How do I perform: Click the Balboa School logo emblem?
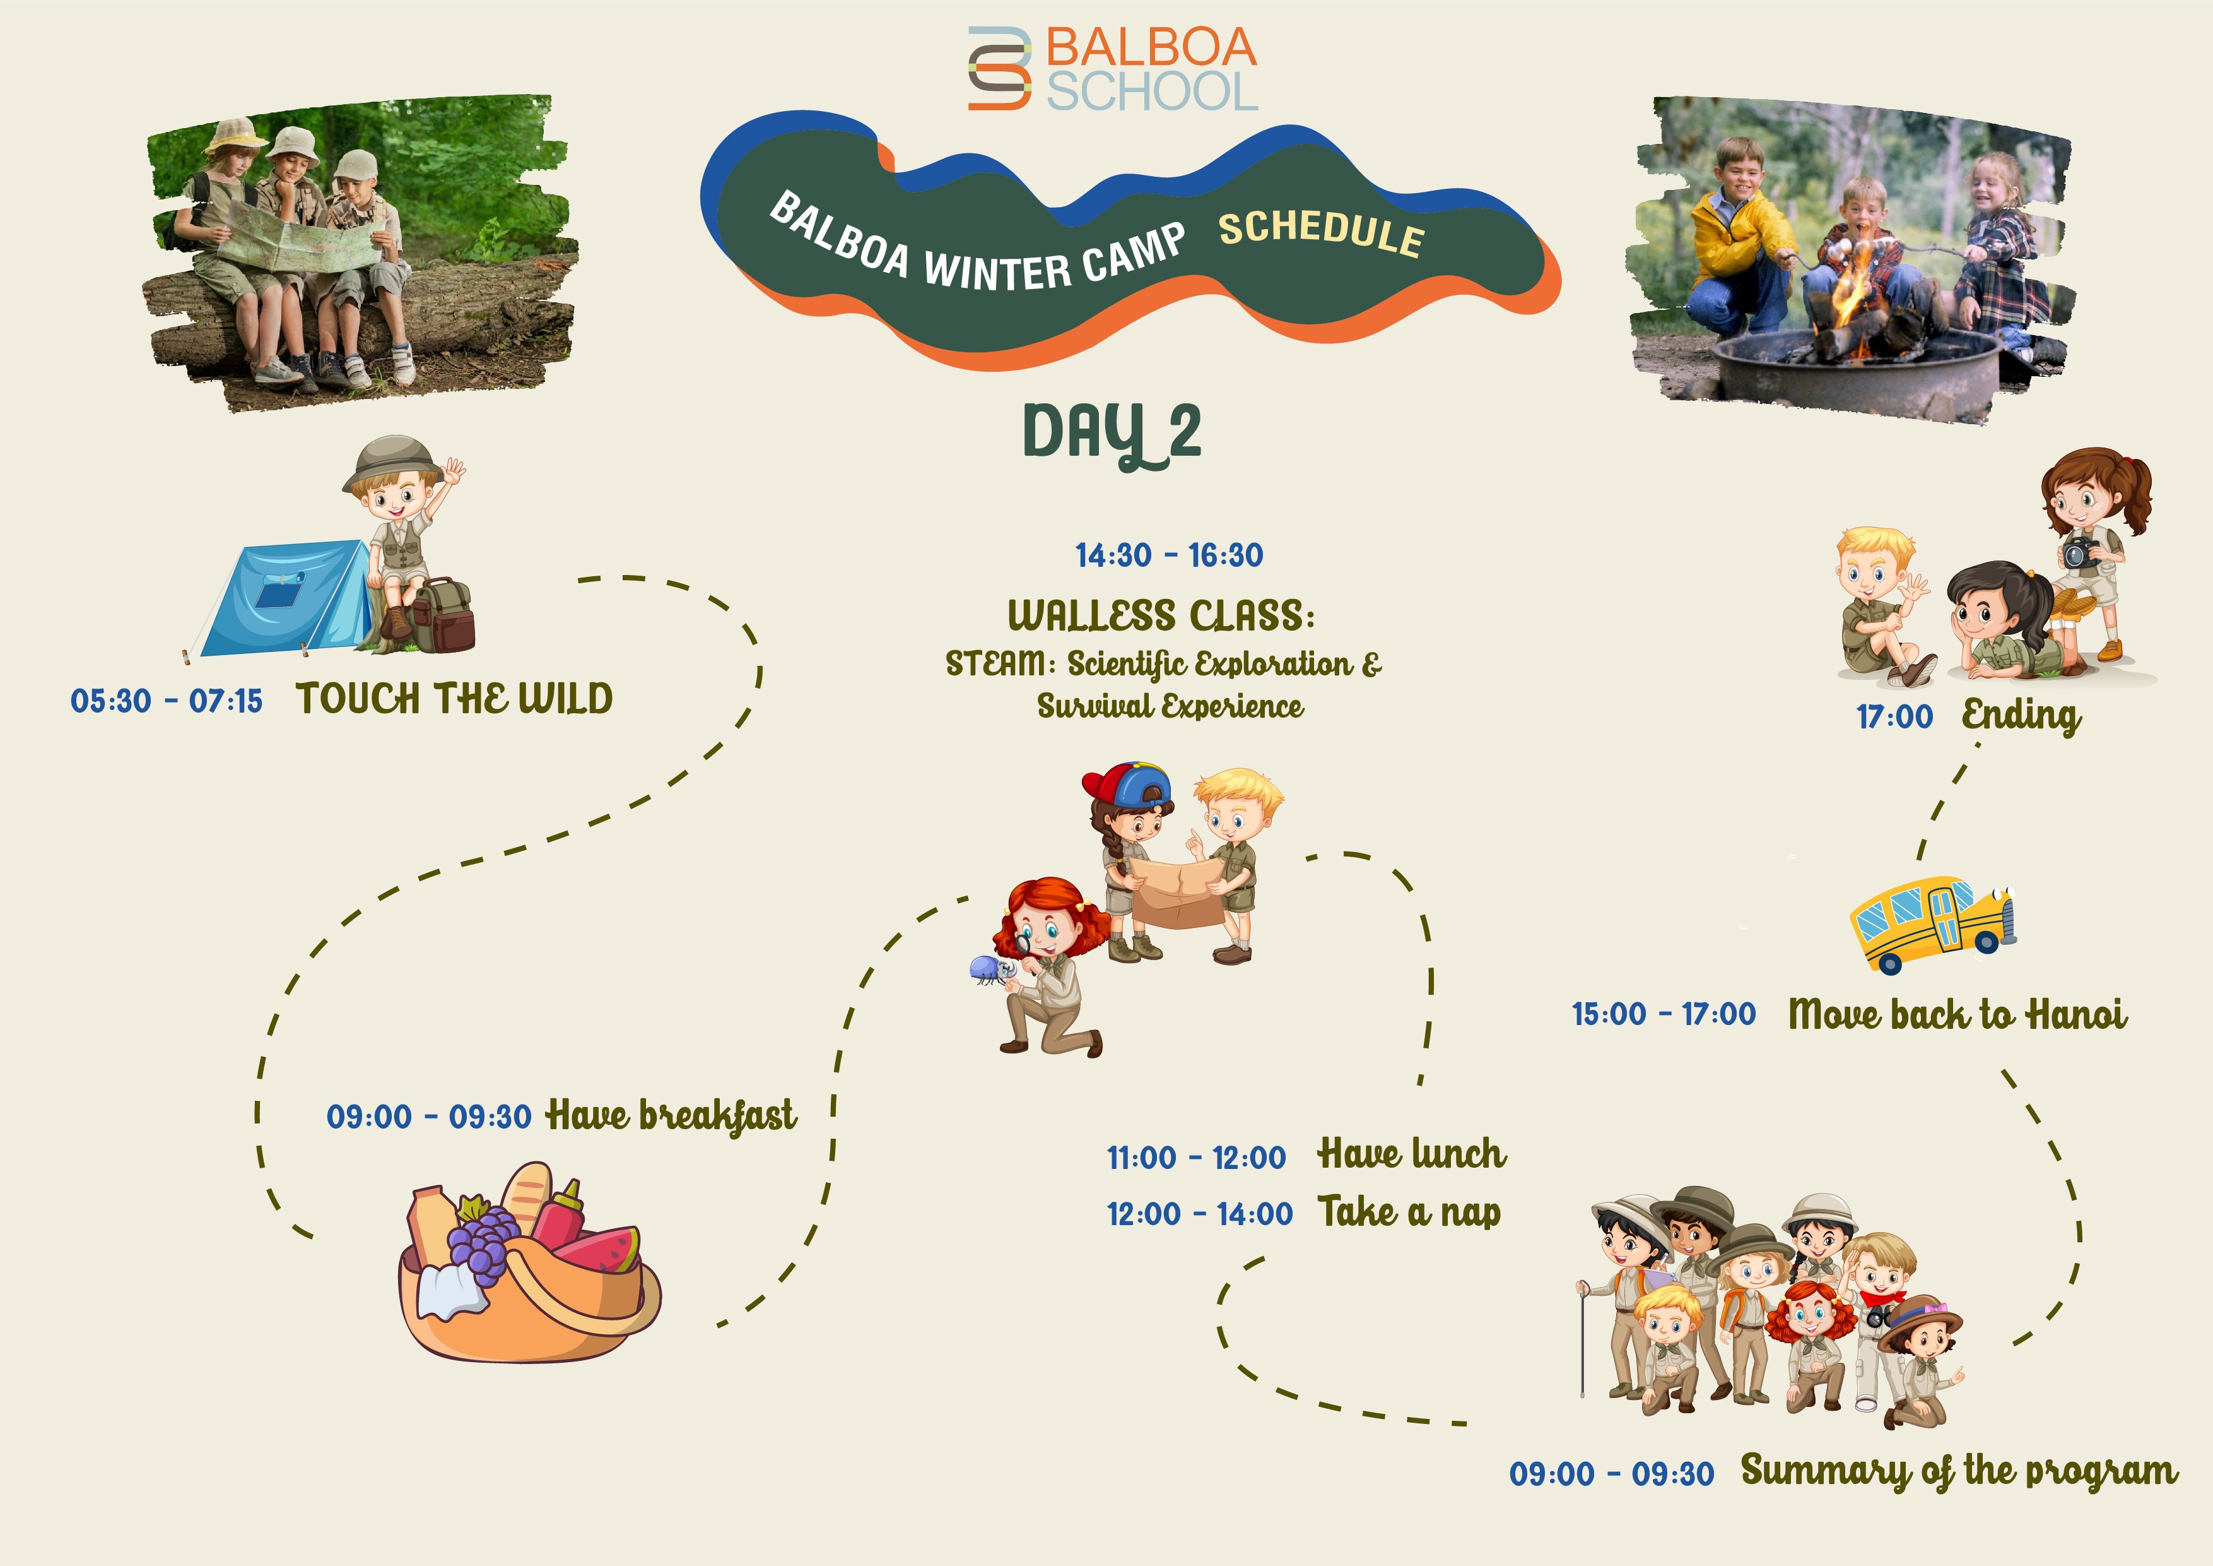pos(999,68)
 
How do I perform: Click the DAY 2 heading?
pos(1112,434)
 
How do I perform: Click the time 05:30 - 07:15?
pos(166,701)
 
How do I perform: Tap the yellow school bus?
pos(1932,924)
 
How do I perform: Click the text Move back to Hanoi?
pos(1958,1014)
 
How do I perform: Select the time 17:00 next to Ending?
pos(1895,716)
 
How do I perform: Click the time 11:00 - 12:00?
pos(1196,1157)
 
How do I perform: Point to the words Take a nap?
pos(1410,1212)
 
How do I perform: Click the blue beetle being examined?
pos(990,969)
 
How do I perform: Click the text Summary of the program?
pos(1959,1471)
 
